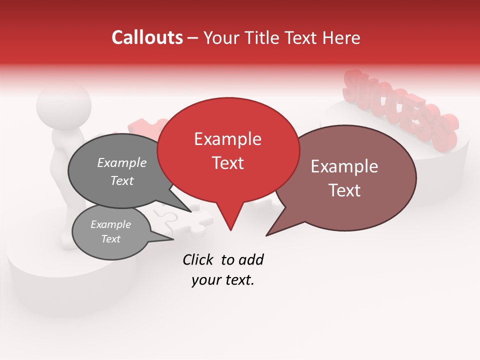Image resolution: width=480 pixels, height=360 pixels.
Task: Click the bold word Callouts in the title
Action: [x=147, y=37]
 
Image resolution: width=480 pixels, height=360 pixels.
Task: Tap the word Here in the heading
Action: [x=342, y=37]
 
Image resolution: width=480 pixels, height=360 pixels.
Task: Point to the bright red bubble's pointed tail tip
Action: [x=230, y=230]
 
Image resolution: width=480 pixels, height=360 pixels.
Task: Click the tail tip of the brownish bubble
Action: [x=266, y=235]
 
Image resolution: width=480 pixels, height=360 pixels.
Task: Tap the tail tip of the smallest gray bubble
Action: [x=173, y=239]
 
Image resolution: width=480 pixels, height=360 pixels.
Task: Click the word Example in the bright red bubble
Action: [x=227, y=139]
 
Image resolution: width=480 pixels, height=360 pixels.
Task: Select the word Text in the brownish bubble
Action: [x=345, y=190]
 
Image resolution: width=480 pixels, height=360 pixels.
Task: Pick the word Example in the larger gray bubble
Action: [x=121, y=162]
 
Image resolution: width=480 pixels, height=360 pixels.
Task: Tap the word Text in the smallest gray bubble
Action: [x=110, y=239]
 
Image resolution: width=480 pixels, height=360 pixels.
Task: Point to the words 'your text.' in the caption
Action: [x=222, y=280]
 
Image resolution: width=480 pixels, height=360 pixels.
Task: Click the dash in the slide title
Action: [x=193, y=37]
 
